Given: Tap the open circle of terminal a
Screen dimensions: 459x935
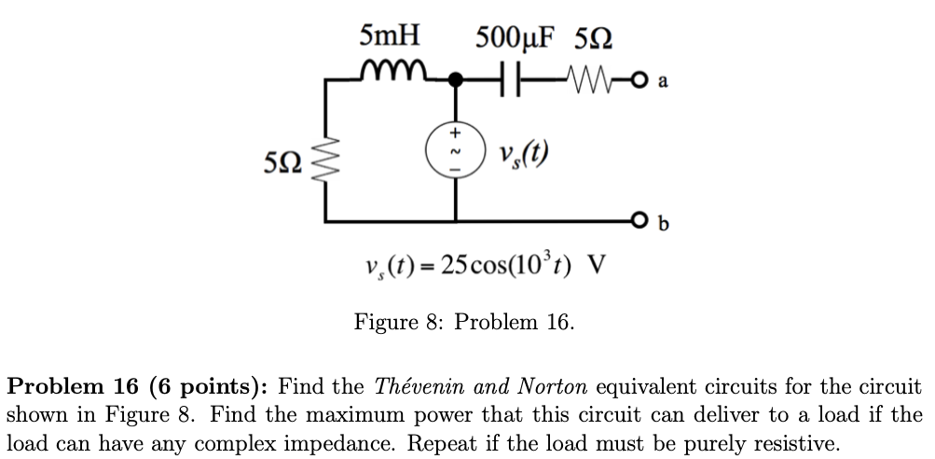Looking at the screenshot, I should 640,81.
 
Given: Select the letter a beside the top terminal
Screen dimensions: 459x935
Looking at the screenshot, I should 662,81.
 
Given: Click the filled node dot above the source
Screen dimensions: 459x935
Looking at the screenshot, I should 456,81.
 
